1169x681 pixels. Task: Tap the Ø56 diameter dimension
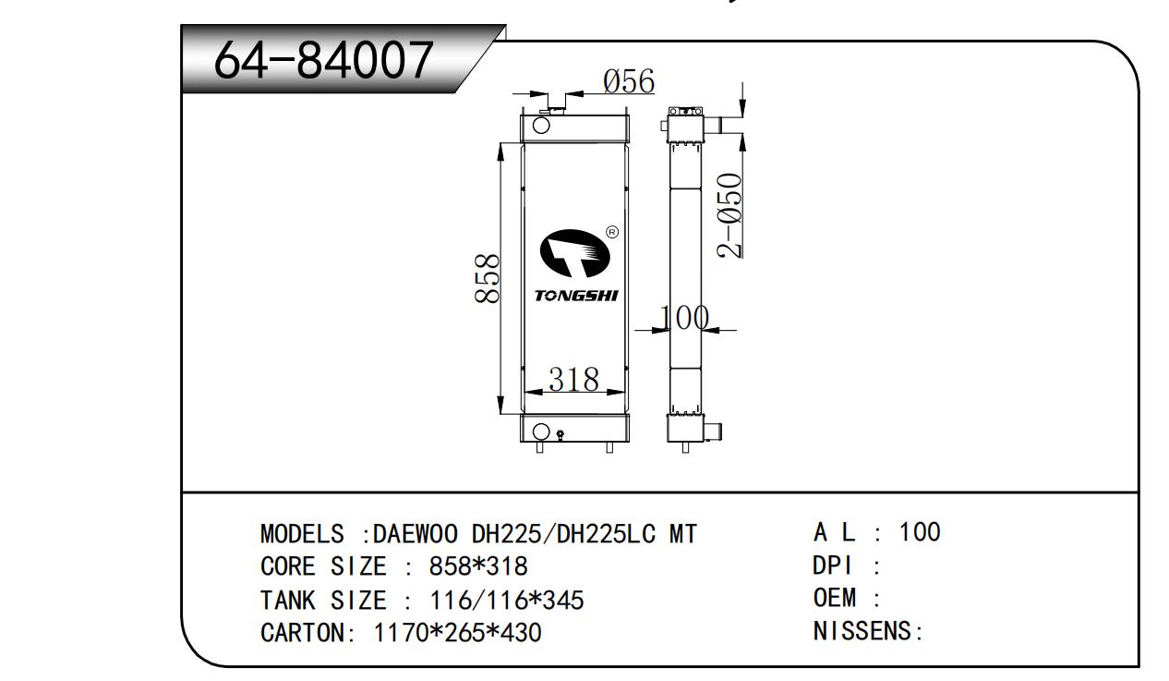point(628,81)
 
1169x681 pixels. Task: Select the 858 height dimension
point(487,278)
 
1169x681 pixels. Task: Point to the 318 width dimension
point(573,379)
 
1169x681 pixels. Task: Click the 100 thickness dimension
point(683,317)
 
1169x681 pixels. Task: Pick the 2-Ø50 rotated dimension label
point(729,215)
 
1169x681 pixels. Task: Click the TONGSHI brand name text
point(576,296)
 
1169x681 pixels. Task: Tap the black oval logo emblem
point(574,253)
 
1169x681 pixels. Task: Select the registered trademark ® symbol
point(612,232)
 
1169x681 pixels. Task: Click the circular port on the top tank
point(541,126)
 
